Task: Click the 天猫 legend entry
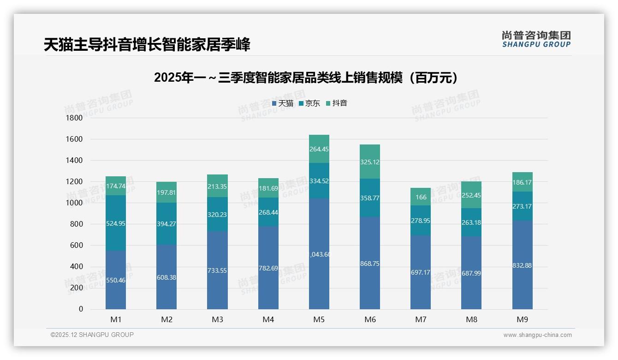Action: pyautogui.click(x=283, y=103)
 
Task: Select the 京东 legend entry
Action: pyautogui.click(x=309, y=103)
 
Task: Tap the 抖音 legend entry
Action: pyautogui.click(x=337, y=103)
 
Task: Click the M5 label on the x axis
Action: pyautogui.click(x=319, y=319)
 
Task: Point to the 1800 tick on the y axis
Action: pyautogui.click(x=75, y=118)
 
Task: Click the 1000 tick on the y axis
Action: pyautogui.click(x=75, y=203)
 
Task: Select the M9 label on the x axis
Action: pyautogui.click(x=522, y=319)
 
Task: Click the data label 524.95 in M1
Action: pyautogui.click(x=116, y=224)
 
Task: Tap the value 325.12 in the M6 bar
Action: pyautogui.click(x=370, y=162)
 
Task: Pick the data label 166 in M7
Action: pyautogui.click(x=421, y=198)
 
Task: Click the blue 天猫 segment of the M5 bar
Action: pyautogui.click(x=319, y=277)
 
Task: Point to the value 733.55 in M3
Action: pyautogui.click(x=217, y=271)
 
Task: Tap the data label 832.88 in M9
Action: pyautogui.click(x=522, y=265)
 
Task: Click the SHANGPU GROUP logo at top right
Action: pyautogui.click(x=536, y=39)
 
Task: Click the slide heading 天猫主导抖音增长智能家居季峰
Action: pyautogui.click(x=147, y=45)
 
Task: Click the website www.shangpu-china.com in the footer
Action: pyautogui.click(x=537, y=335)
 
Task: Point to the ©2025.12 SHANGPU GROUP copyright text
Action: pyautogui.click(x=92, y=335)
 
